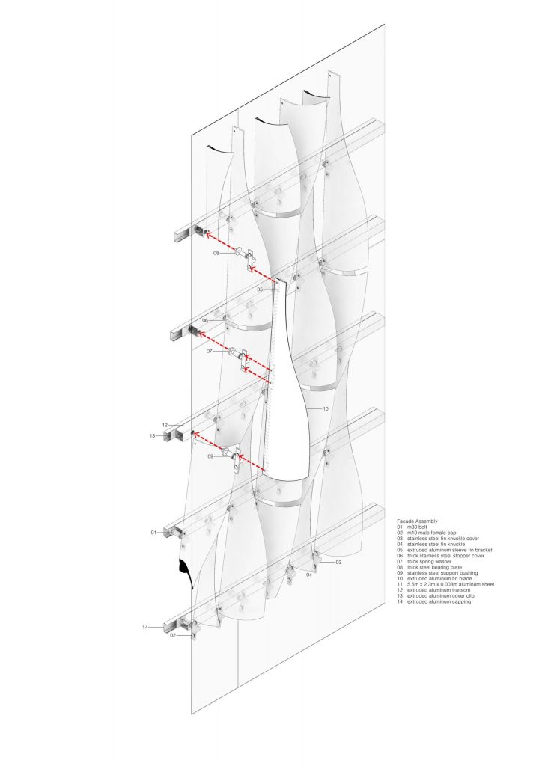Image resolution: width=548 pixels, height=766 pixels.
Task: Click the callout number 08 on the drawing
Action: tap(216, 254)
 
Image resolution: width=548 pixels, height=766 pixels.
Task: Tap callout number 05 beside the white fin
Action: tap(260, 289)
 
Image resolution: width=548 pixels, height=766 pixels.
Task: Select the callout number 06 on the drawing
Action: tap(204, 320)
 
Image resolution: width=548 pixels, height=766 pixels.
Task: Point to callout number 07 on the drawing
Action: tap(210, 351)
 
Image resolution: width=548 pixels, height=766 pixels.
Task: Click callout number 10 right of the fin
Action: tap(326, 409)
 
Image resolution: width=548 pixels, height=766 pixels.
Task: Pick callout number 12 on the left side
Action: tap(165, 425)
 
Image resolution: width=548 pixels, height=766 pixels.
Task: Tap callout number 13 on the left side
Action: tap(152, 435)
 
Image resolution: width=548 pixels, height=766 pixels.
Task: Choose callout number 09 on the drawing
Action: tap(210, 456)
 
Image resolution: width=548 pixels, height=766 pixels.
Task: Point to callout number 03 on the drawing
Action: tap(338, 561)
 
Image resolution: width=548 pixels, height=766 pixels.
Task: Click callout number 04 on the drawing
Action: tap(308, 574)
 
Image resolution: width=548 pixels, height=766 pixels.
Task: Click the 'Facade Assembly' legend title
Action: tap(418, 519)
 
